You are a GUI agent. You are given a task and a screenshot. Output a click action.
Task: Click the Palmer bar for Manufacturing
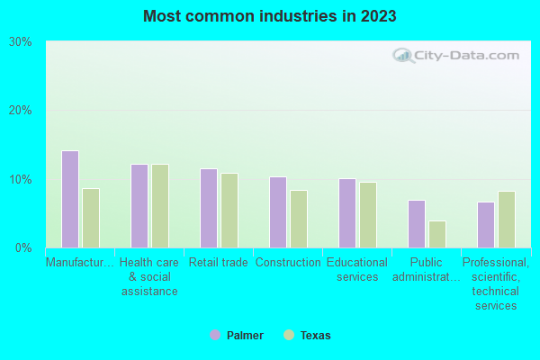tap(69, 199)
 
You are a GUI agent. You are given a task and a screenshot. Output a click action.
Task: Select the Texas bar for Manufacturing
tap(91, 218)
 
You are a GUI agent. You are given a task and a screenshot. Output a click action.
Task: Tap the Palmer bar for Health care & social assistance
tap(139, 206)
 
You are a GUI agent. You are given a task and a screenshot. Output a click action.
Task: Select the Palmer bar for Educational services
tap(347, 213)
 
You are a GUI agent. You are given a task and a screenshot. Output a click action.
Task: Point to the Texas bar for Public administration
tap(437, 234)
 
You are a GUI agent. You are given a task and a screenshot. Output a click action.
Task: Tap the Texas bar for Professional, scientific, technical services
tap(507, 220)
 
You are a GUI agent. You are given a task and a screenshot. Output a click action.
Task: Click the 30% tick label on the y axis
tap(21, 41)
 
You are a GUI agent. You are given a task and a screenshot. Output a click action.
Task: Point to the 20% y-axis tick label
tap(21, 111)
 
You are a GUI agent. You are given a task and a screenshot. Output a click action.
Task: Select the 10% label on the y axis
tap(21, 179)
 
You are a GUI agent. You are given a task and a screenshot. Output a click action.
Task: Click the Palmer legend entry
tap(238, 336)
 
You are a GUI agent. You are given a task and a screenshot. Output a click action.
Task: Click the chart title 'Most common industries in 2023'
tap(269, 16)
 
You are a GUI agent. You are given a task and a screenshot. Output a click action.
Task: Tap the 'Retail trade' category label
tap(218, 263)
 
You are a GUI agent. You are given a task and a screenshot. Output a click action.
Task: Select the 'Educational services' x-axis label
tap(357, 270)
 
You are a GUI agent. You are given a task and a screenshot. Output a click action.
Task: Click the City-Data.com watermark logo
tap(455, 56)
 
